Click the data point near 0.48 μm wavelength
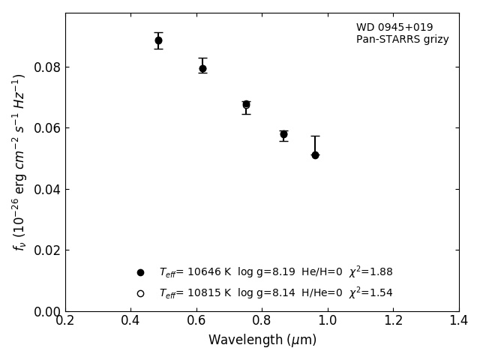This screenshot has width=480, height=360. point(158,40)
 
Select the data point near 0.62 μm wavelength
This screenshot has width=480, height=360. point(202,68)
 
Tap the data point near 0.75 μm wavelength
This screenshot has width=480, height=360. point(246,105)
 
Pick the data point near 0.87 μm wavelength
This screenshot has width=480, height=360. point(283,134)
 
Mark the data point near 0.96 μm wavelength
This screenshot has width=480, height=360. point(315,155)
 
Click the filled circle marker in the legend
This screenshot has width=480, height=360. point(140,272)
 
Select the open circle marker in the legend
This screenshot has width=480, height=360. point(140,293)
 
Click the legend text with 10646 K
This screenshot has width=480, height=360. point(275,272)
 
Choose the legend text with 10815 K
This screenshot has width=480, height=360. point(275,293)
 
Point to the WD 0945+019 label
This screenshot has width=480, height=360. point(394,28)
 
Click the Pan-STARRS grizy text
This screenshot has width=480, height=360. point(403,40)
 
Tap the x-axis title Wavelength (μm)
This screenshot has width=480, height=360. point(262,340)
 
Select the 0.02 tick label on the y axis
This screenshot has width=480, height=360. point(46,250)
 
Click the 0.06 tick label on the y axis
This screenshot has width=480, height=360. point(46,128)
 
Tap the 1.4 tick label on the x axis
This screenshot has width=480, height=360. point(459,320)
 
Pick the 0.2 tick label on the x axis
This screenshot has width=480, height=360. point(65,320)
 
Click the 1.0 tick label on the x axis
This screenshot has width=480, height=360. point(328,320)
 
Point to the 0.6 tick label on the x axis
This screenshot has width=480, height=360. point(196,320)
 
